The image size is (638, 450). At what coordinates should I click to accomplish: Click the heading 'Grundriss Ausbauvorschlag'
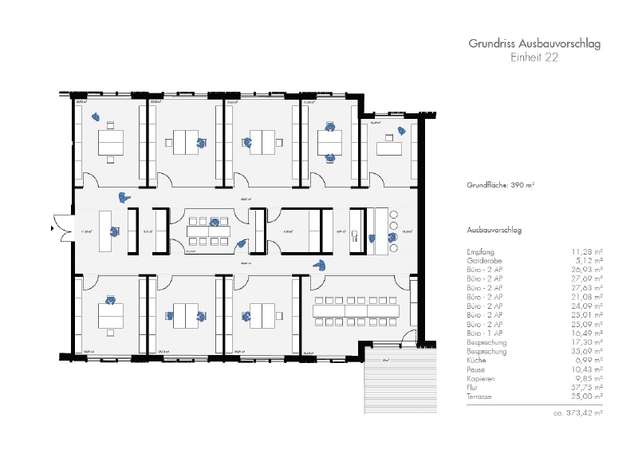(534, 44)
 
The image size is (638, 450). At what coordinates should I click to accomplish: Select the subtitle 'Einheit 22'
(534, 57)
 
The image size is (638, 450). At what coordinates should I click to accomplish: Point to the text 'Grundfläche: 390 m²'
(500, 185)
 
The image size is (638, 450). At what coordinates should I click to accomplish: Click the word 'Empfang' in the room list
(480, 251)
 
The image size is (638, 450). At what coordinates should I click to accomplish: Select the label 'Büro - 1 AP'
(485, 334)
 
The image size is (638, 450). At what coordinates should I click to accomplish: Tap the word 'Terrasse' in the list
(480, 397)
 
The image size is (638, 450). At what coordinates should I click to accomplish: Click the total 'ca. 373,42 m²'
(577, 413)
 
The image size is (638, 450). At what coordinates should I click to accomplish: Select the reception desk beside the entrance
(106, 231)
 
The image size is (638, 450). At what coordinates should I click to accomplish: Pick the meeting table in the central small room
(208, 231)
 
